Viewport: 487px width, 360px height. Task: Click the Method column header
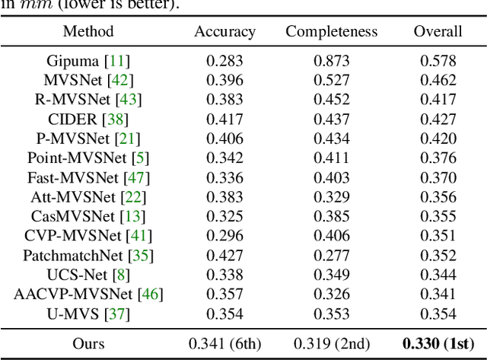(x=88, y=31)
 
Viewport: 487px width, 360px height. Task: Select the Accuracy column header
(x=224, y=31)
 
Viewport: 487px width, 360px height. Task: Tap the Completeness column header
(x=331, y=31)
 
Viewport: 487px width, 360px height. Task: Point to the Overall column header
(x=438, y=31)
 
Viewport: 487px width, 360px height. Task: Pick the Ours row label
(x=88, y=343)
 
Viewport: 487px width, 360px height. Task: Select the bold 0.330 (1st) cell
(x=438, y=343)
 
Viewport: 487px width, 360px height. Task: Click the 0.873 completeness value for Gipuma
(x=331, y=60)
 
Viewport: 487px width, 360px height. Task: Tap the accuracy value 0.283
(x=224, y=60)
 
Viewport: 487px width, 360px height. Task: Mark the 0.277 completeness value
(x=331, y=255)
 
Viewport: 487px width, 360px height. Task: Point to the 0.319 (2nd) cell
(x=331, y=343)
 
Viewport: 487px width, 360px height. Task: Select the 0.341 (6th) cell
(x=224, y=343)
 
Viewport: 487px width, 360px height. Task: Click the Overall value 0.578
(x=438, y=60)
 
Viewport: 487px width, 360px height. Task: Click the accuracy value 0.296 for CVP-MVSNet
(x=224, y=235)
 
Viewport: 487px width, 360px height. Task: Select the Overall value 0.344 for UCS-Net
(x=438, y=274)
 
